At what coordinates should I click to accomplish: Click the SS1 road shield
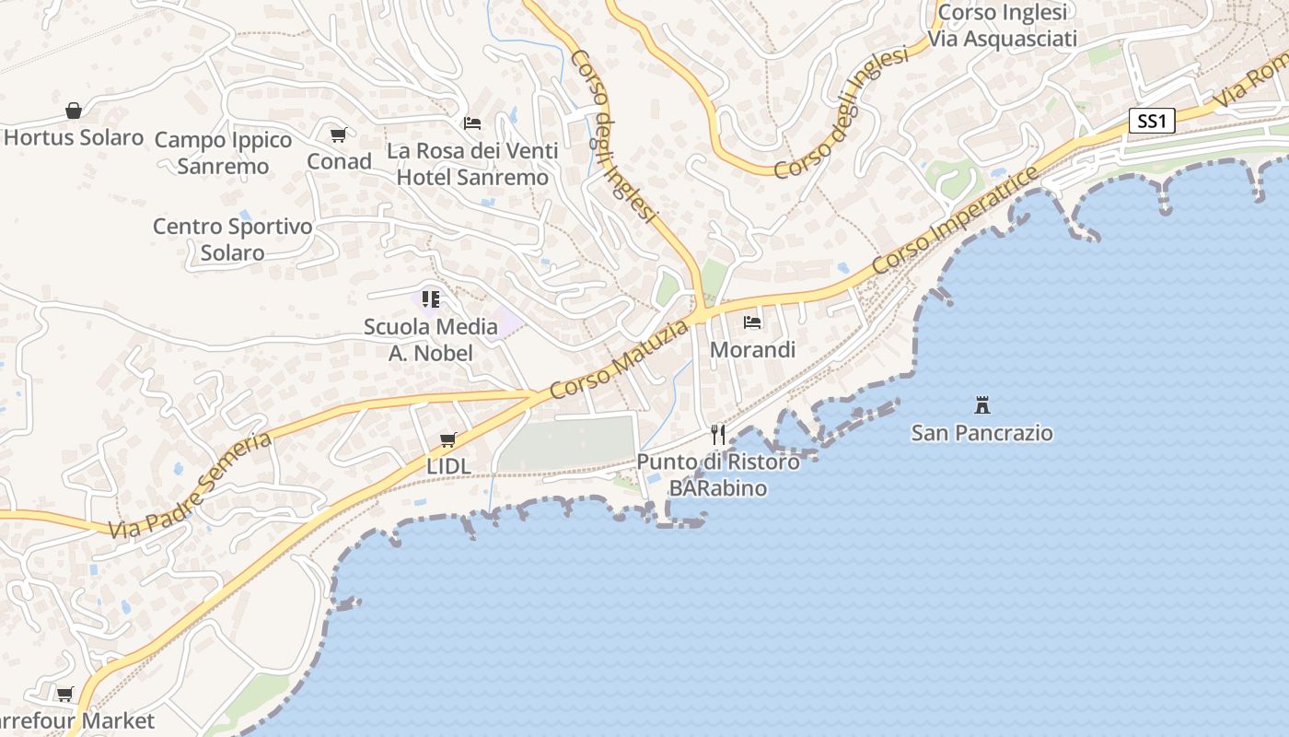[1152, 121]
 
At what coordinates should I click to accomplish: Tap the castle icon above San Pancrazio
[981, 404]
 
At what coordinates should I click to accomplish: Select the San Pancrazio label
[981, 432]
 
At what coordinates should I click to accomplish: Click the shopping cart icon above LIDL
[448, 439]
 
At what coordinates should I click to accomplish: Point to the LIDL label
[448, 466]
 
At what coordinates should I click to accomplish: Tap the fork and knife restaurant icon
[718, 435]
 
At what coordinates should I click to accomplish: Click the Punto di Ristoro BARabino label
[718, 474]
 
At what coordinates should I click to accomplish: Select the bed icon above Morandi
[752, 322]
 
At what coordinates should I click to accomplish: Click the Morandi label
[752, 350]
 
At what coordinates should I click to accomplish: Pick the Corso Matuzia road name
[620, 359]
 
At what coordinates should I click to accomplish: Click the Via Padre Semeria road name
[190, 485]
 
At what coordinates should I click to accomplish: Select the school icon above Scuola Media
[430, 298]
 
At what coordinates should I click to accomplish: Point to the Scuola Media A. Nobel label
[430, 339]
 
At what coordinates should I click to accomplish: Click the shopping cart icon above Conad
[339, 135]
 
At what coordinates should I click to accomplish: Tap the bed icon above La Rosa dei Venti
[472, 123]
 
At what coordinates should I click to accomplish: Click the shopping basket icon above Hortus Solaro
[74, 111]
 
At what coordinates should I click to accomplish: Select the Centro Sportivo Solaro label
[232, 240]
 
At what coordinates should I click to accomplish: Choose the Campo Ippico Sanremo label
[223, 153]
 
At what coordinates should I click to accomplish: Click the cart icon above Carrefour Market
[64, 694]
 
